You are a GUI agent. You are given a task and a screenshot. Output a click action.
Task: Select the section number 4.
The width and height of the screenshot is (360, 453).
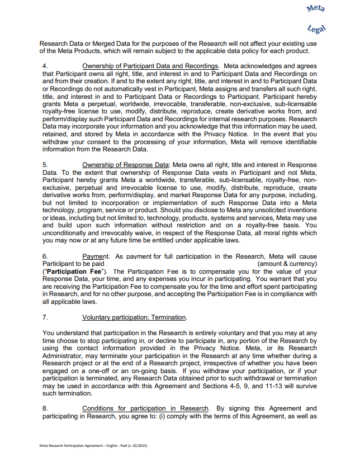point(45,66)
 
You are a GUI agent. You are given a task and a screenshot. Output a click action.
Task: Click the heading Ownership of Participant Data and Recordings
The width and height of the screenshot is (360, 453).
point(150,66)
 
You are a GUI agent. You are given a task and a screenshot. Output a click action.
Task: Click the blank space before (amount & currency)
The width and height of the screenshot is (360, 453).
point(179,263)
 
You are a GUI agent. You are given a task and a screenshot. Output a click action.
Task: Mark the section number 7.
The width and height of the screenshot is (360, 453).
point(45,317)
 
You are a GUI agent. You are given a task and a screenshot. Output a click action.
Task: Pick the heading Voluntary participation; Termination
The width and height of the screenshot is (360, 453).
point(134,317)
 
